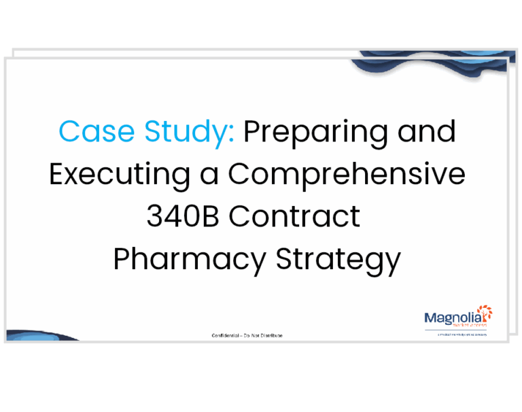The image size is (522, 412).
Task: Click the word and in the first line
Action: [x=427, y=131]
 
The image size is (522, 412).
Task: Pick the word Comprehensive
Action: [x=347, y=174]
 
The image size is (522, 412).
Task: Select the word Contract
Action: [x=294, y=216]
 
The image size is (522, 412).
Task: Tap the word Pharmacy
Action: [x=190, y=259]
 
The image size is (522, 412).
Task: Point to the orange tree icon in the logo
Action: [x=485, y=314]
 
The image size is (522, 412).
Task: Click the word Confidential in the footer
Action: [x=227, y=336]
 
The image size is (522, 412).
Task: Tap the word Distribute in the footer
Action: [x=270, y=336]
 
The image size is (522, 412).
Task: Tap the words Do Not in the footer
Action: [x=250, y=336]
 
